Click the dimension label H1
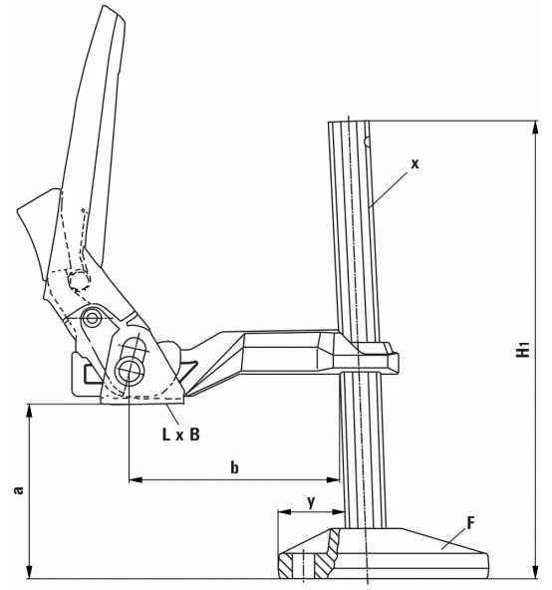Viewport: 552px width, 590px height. click(x=523, y=349)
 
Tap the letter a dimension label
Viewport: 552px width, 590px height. click(x=18, y=490)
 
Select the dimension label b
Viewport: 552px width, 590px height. click(x=234, y=467)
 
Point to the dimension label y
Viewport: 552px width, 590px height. click(x=311, y=502)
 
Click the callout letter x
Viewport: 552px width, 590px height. click(x=414, y=164)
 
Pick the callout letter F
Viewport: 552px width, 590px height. click(x=470, y=523)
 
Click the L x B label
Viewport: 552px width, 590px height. click(x=181, y=435)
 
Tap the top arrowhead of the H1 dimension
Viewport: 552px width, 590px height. click(x=536, y=128)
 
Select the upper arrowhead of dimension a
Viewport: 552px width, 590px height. click(x=29, y=412)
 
